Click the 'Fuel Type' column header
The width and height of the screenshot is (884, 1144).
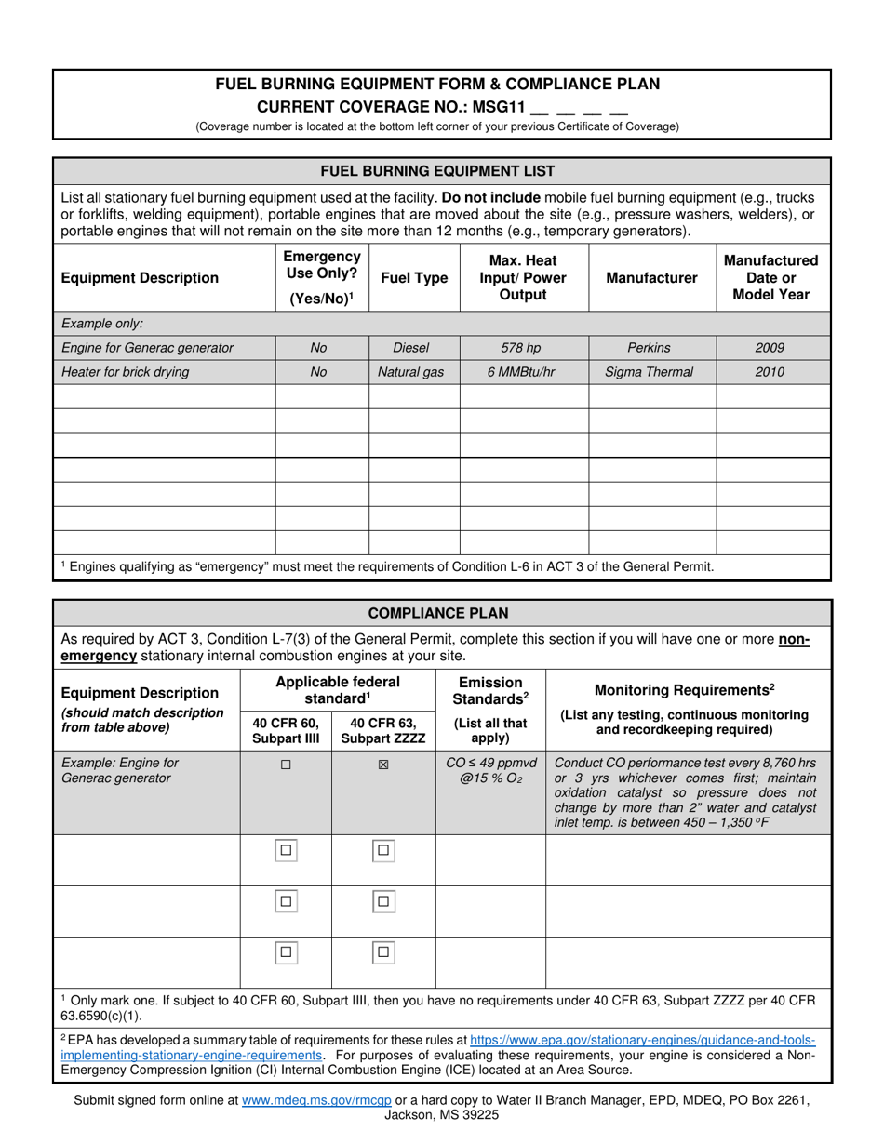(x=414, y=278)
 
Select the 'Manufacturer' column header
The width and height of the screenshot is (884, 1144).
(x=651, y=278)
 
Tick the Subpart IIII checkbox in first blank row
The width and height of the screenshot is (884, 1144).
(x=286, y=850)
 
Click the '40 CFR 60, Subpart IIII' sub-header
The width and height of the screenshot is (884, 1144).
(x=286, y=730)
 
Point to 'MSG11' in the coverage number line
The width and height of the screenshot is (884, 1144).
(x=500, y=106)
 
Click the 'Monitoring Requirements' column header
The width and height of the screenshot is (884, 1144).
(x=687, y=689)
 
